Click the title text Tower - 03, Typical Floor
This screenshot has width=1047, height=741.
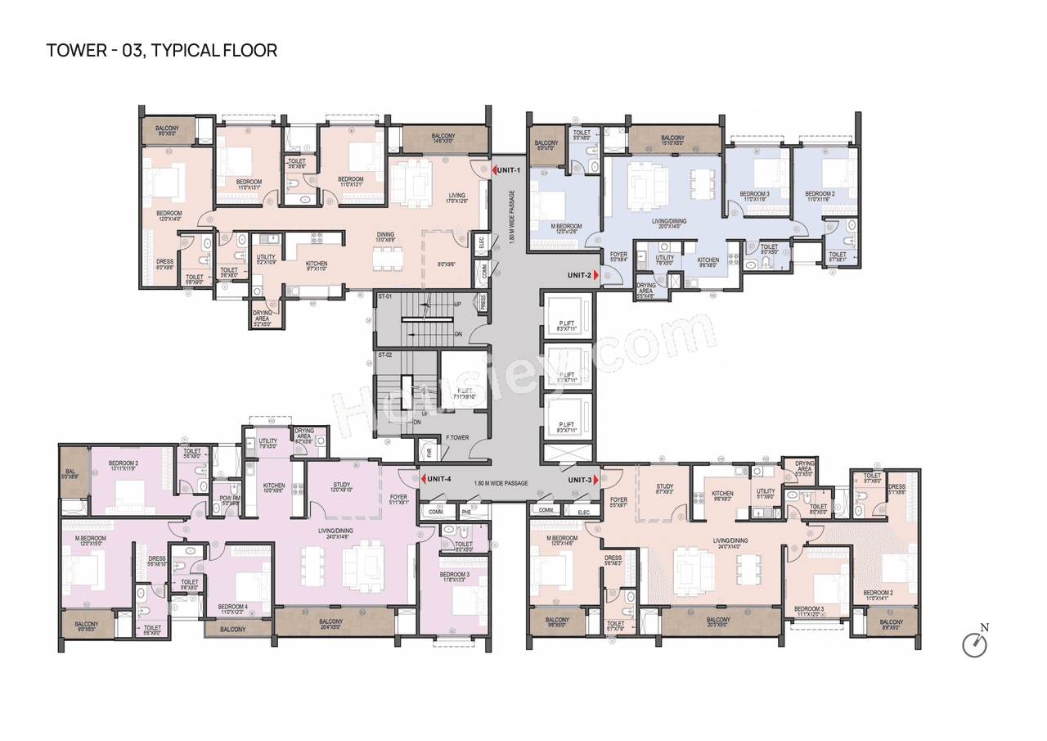click(x=162, y=51)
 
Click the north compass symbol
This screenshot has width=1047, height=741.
click(x=975, y=644)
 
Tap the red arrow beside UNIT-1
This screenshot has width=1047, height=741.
click(x=496, y=169)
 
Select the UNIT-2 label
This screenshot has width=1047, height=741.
click(x=579, y=275)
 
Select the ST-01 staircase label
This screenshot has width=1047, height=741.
click(x=384, y=296)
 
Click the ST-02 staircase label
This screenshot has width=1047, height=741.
click(x=384, y=355)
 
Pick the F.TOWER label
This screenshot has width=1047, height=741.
click(x=457, y=438)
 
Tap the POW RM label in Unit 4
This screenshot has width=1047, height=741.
click(x=230, y=500)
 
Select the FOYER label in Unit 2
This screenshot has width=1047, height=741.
click(x=618, y=255)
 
